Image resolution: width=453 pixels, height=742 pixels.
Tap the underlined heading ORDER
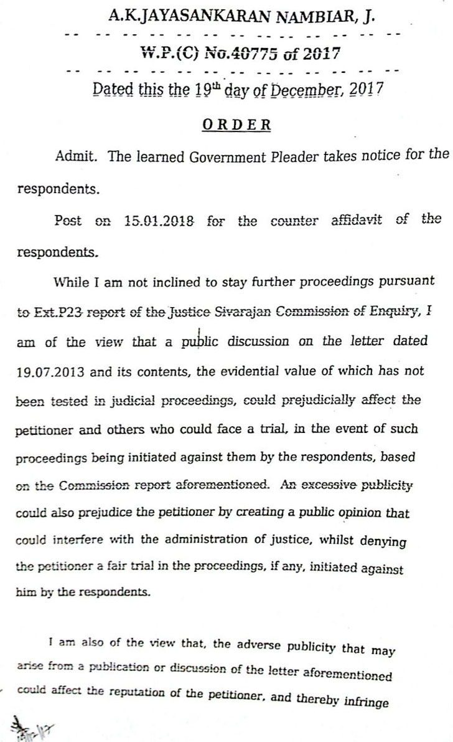236,125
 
